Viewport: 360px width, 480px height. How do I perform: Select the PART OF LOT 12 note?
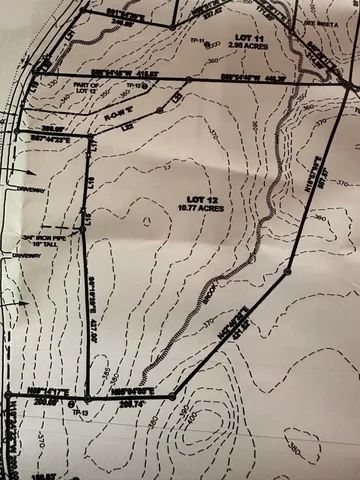click(x=88, y=89)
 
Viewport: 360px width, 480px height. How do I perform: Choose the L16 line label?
click(x=90, y=183)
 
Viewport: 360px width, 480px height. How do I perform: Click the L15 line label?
click(x=88, y=217)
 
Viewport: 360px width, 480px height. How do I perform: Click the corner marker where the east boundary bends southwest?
click(x=288, y=271)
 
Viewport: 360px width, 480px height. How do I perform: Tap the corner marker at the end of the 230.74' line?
click(x=174, y=391)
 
